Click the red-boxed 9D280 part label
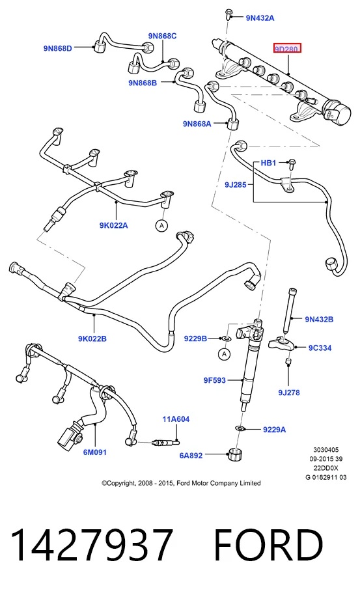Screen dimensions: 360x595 pyautogui.click(x=288, y=49)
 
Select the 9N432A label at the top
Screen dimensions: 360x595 pyautogui.click(x=260, y=18)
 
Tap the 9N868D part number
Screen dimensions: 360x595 pyautogui.click(x=58, y=48)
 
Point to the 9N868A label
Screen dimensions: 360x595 pyautogui.click(x=197, y=123)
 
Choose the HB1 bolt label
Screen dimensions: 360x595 pyautogui.click(x=268, y=163)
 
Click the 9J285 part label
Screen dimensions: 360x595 pyautogui.click(x=236, y=185)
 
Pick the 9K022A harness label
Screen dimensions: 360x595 pyautogui.click(x=114, y=225)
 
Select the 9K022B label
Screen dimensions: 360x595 pyautogui.click(x=92, y=339)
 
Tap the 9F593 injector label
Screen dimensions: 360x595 pyautogui.click(x=215, y=380)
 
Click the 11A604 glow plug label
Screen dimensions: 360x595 pyautogui.click(x=176, y=419)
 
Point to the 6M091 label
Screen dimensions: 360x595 pyautogui.click(x=95, y=452)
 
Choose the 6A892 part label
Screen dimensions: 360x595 pyautogui.click(x=191, y=455)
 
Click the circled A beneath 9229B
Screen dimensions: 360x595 pyautogui.click(x=225, y=354)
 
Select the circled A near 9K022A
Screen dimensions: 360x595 pyautogui.click(x=161, y=226)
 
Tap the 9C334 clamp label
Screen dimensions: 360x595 pyautogui.click(x=320, y=348)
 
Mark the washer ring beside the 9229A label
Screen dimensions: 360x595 pyautogui.click(x=240, y=428)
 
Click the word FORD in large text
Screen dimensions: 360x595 pyautogui.click(x=268, y=545)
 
